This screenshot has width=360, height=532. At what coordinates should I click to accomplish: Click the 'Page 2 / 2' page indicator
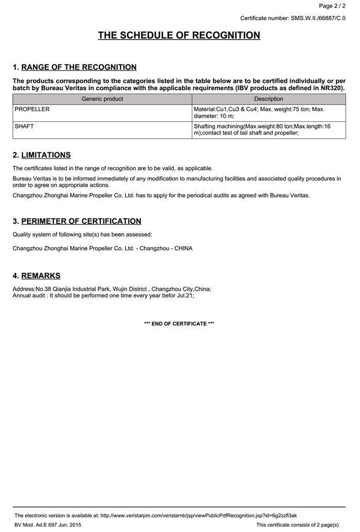tap(332, 6)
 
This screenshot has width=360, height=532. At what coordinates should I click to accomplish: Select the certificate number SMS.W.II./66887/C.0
tap(318, 19)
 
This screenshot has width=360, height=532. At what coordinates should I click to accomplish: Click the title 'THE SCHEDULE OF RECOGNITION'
tap(179, 36)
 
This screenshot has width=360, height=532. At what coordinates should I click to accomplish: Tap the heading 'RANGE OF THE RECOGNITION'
tap(79, 67)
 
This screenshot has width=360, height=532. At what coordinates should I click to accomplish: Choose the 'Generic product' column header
tap(102, 99)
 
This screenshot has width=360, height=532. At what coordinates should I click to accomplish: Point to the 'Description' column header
tap(268, 99)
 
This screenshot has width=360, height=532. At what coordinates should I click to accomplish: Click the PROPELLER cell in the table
tap(32, 110)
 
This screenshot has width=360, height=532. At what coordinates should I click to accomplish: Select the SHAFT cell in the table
tap(25, 126)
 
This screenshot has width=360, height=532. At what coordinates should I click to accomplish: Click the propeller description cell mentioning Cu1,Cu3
tap(259, 113)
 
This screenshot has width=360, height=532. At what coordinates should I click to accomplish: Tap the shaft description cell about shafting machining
tap(262, 130)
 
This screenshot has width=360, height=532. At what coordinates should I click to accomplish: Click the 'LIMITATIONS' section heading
tap(46, 155)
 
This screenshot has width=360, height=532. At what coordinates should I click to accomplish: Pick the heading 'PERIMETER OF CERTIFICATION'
tap(81, 221)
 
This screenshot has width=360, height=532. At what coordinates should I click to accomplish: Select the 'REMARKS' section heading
tap(41, 276)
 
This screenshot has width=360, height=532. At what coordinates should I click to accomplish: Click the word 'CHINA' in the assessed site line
tap(183, 249)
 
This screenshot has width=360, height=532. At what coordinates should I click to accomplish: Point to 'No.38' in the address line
tap(43, 289)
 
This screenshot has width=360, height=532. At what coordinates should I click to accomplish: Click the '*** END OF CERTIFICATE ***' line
tap(179, 324)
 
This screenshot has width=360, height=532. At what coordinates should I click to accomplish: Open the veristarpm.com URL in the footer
tap(199, 515)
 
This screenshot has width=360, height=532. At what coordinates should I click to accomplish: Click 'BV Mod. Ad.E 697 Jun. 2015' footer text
tap(48, 525)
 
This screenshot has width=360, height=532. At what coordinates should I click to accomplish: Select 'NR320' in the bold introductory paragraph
tap(332, 88)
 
